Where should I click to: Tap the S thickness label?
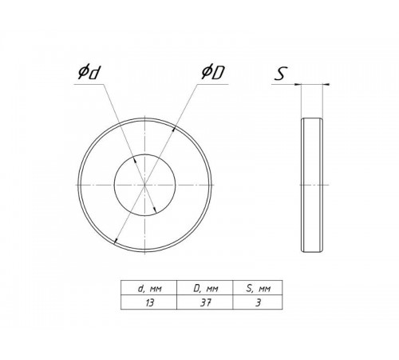tap(281, 74)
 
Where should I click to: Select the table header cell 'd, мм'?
tap(149, 288)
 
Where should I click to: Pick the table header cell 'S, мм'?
tap(259, 288)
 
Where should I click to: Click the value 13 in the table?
tap(149, 302)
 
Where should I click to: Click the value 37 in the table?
tap(205, 302)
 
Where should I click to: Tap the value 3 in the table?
tap(258, 302)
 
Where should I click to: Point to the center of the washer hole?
tap(144, 185)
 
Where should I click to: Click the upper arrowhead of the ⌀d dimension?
tap(135, 160)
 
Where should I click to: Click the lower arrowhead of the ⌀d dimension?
tap(155, 210)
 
